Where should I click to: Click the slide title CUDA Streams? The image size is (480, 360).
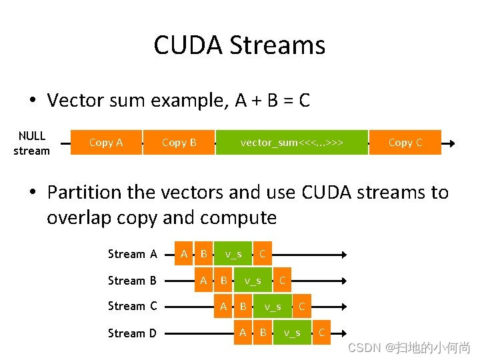pos(239,45)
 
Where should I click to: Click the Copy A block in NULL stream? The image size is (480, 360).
pos(106,142)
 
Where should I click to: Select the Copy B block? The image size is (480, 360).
pos(179,142)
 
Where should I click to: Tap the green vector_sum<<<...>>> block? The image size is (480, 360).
pos(291,142)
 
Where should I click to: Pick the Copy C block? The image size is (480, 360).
pos(405,142)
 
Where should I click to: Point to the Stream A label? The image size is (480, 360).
pos(132,254)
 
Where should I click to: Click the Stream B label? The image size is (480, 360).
pos(132,281)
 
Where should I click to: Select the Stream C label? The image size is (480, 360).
pos(132,306)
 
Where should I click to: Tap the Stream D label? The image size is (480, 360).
pos(132,333)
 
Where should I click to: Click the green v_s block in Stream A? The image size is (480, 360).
pos(233,253)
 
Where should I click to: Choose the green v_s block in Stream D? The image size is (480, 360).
pos(292,332)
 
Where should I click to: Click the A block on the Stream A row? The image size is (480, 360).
pos(183,253)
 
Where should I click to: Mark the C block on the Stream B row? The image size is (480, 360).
pos(283,280)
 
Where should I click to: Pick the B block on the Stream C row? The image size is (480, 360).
pos(243,307)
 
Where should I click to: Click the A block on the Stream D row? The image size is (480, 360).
pos(243,332)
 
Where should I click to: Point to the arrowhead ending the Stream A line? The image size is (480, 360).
pos(344,254)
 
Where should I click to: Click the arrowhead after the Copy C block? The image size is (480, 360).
pos(451,143)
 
